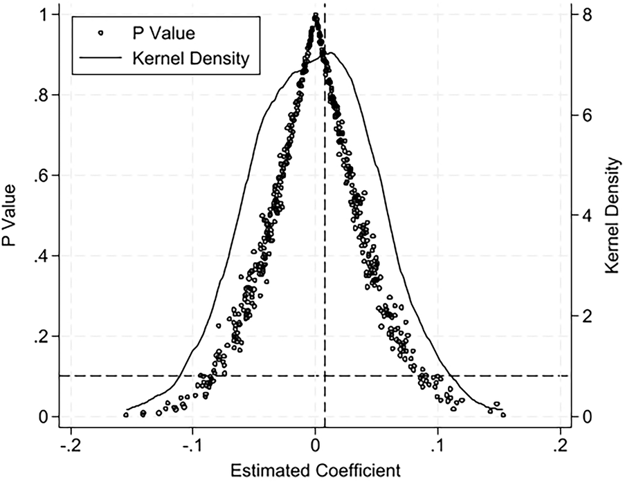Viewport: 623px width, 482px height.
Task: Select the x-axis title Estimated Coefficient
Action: tap(316, 471)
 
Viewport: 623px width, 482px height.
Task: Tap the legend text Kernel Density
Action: tap(190, 59)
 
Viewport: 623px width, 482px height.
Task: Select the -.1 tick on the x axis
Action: tap(192, 443)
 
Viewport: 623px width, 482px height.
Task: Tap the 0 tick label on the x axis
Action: tap(316, 443)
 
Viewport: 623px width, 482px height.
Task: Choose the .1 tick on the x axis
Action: tap(438, 443)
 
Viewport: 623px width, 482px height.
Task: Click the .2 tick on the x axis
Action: tap(560, 443)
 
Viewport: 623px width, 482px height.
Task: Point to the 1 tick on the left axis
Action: tap(46, 15)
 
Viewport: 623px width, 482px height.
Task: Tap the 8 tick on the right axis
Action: tap(586, 15)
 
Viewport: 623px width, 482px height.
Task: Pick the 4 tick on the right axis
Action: tap(586, 216)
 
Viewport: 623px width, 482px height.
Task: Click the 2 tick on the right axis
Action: tap(586, 316)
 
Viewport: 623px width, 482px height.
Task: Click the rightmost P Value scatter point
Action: tap(503, 415)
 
